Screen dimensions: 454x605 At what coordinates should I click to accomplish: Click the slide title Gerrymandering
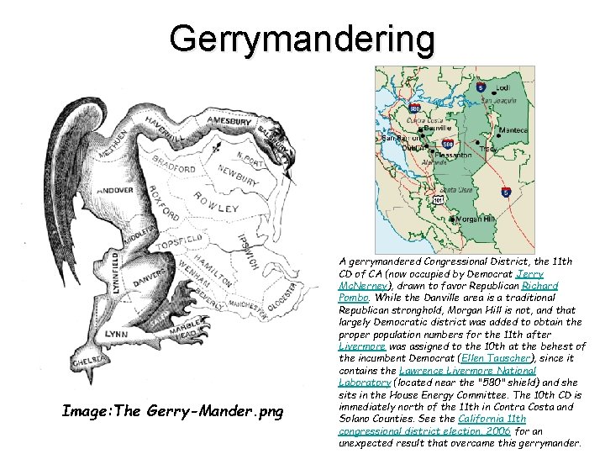tap(302, 40)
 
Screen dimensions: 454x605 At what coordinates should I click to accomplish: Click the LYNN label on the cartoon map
tap(116, 334)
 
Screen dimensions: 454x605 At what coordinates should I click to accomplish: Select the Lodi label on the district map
tap(502, 87)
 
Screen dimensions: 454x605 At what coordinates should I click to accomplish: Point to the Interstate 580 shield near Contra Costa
tap(414, 108)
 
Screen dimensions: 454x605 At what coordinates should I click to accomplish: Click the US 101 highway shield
tap(439, 200)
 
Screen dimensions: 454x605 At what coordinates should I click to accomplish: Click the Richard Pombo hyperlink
tap(539, 286)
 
